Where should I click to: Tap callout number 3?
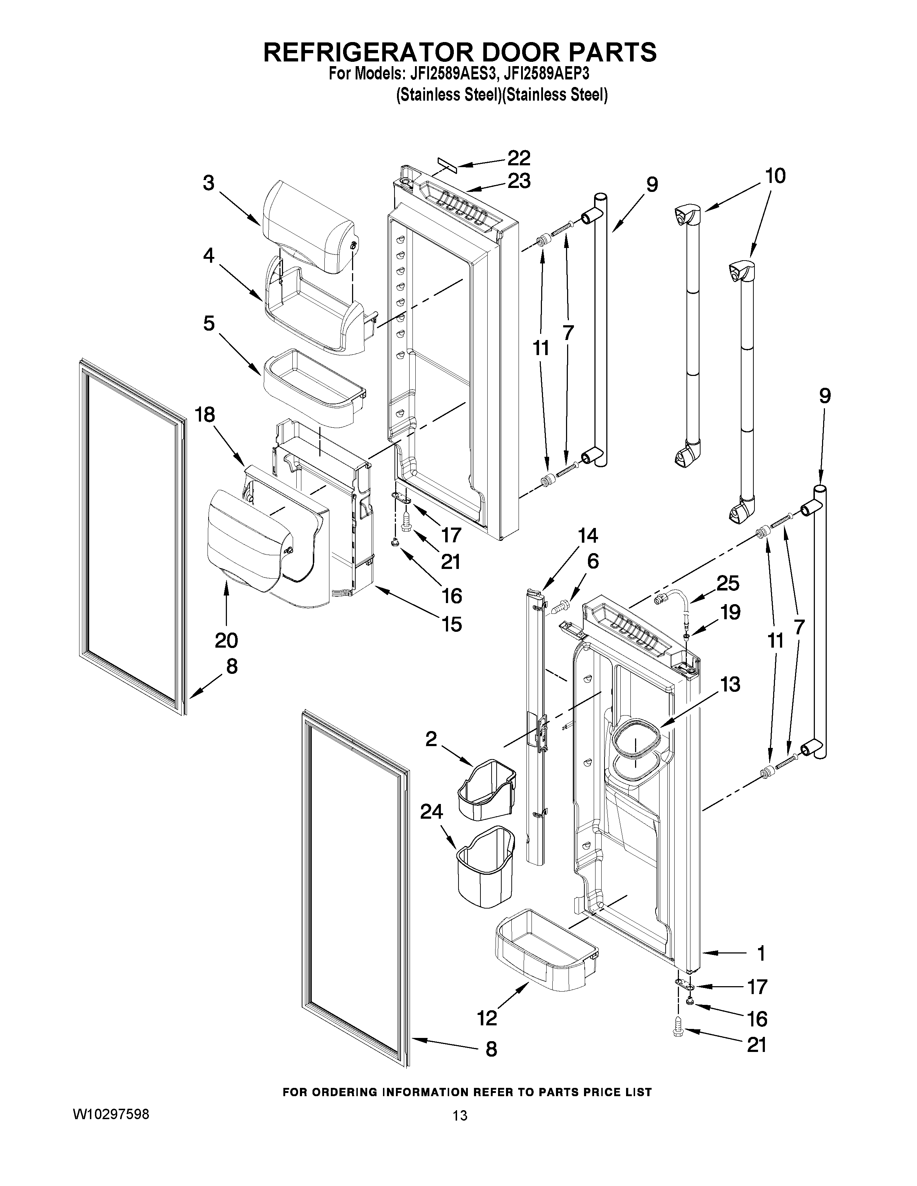coord(209,183)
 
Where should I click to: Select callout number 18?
coord(205,415)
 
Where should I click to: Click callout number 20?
coord(226,641)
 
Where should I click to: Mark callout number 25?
coord(728,584)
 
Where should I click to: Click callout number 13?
coord(731,685)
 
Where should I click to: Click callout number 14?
coord(587,536)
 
